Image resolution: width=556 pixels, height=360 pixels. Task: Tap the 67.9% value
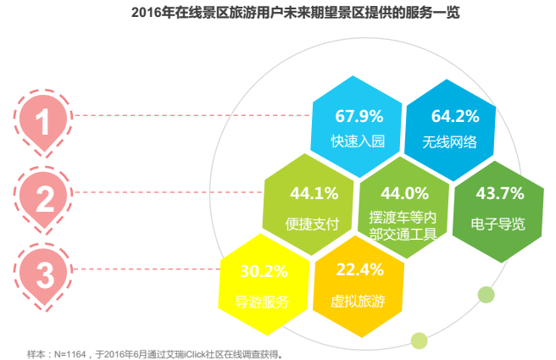[x=359, y=116]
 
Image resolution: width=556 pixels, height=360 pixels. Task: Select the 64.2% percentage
[x=454, y=116]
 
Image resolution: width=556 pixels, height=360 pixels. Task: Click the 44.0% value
[x=404, y=194]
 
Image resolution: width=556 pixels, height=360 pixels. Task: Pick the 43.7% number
[x=499, y=194]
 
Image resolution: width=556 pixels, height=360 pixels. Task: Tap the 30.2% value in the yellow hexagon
[x=264, y=272]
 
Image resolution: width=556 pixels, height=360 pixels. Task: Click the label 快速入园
[x=358, y=141]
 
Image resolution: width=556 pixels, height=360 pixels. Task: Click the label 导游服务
[x=263, y=302]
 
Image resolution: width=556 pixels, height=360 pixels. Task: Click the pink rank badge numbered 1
[x=43, y=119]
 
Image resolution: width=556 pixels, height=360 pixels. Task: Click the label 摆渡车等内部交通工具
[x=403, y=224]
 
